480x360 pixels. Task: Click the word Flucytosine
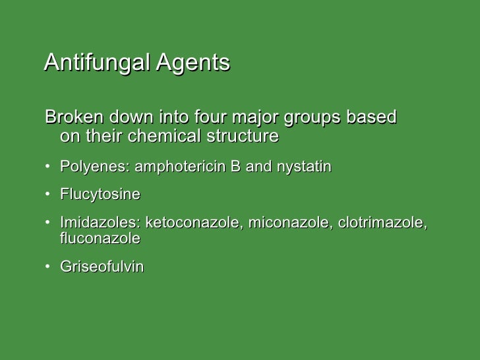100,195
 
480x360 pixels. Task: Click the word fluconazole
100,239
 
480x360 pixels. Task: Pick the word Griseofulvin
102,268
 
